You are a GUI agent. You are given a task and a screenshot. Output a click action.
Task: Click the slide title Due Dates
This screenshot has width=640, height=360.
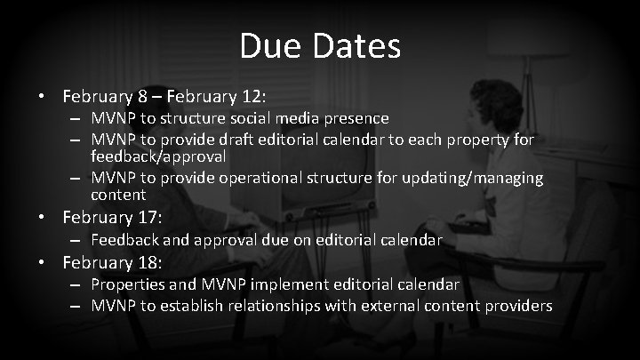pyautogui.click(x=319, y=47)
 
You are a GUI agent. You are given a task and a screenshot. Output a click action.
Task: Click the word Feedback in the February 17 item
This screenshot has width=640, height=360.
pyautogui.click(x=124, y=239)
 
